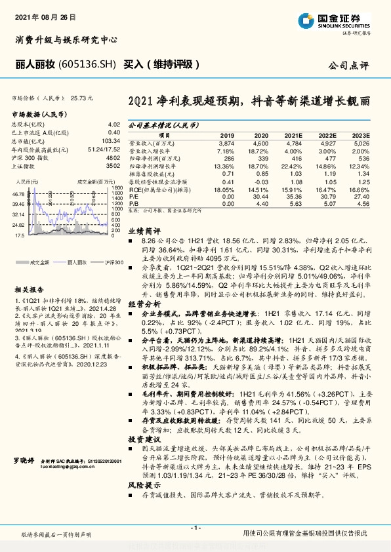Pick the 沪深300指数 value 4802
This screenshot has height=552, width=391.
point(113,158)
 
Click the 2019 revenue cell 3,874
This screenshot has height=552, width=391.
point(225,142)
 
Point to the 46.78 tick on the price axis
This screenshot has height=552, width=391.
point(18,195)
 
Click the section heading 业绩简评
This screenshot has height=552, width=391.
point(144,232)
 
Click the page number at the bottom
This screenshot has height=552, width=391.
point(195,528)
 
